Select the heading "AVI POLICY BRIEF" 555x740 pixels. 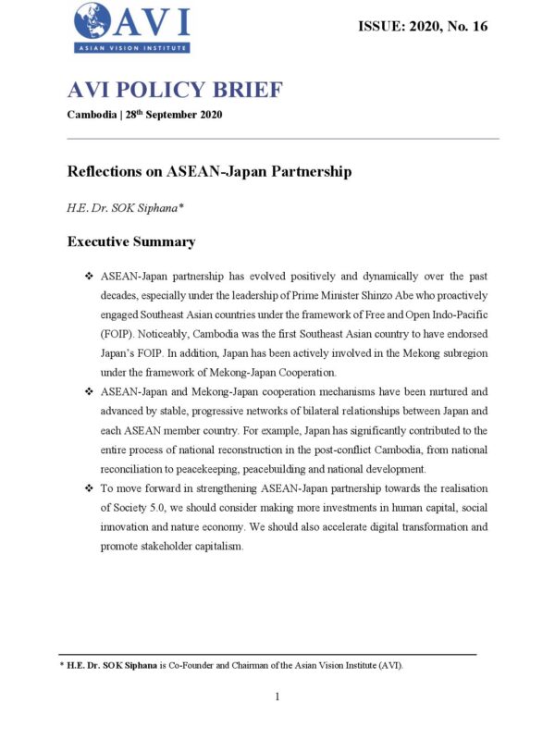pyautogui.click(x=175, y=91)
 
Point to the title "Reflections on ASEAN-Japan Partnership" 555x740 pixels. pyautogui.click(x=209, y=172)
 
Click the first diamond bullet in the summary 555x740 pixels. pyautogui.click(x=89, y=277)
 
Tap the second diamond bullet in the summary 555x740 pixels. pyautogui.click(x=89, y=391)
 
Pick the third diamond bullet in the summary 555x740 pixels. pyautogui.click(x=89, y=487)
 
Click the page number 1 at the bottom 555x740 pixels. pyautogui.click(x=277, y=697)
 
